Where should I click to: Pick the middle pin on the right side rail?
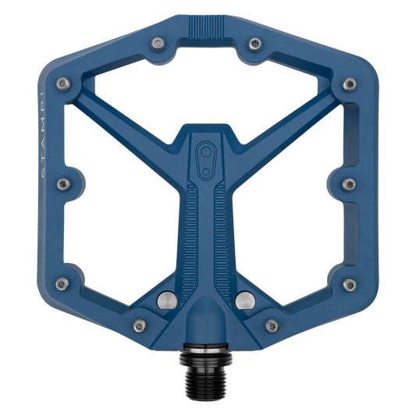click(x=350, y=184)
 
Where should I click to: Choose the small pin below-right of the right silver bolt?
click(x=272, y=322)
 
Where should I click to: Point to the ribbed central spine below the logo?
click(x=208, y=226)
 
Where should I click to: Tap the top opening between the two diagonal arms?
click(x=208, y=86)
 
